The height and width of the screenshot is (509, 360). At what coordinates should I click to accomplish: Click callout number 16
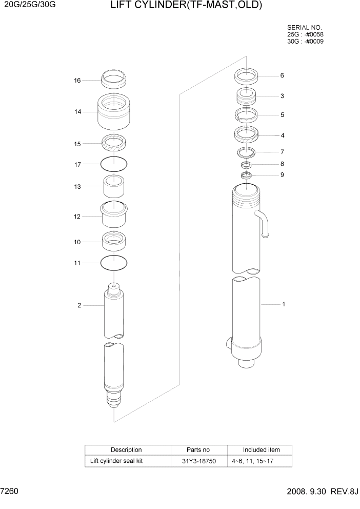tap(77, 81)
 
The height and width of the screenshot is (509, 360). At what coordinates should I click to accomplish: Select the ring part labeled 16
tap(114, 80)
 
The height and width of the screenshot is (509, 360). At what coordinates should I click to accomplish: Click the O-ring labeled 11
tap(114, 263)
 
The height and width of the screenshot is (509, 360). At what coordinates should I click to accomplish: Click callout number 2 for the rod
tap(79, 306)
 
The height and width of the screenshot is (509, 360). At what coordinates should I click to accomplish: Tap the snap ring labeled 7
tap(246, 152)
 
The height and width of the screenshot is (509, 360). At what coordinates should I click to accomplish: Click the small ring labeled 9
tap(246, 176)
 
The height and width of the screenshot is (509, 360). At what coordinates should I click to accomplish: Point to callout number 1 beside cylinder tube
tap(283, 304)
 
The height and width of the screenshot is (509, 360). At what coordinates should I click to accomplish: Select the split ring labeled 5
tap(246, 114)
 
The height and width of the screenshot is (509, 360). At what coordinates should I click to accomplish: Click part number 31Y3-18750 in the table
tap(199, 461)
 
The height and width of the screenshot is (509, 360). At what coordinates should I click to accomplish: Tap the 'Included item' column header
tap(261, 450)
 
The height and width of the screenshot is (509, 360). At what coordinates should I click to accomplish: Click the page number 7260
tap(10, 491)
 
